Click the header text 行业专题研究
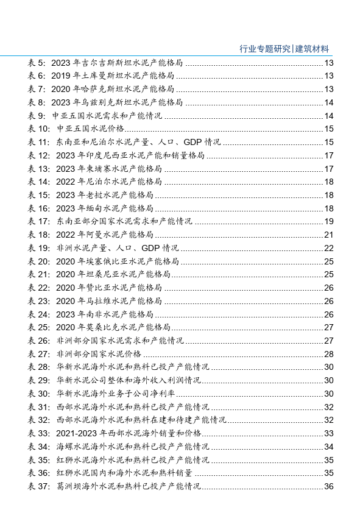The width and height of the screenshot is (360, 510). click(x=266, y=49)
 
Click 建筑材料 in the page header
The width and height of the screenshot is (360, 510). click(x=312, y=49)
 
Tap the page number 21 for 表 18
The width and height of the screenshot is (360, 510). click(x=329, y=235)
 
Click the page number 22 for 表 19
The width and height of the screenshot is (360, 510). click(x=329, y=248)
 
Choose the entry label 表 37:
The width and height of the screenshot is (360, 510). click(x=39, y=486)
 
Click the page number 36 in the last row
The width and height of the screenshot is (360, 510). click(x=329, y=486)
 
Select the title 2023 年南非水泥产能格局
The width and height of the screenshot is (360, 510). click(x=104, y=314)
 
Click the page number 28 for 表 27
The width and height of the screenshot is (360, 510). click(x=329, y=353)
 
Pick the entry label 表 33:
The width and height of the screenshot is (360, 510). click(x=39, y=433)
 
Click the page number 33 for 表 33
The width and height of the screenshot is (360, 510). click(x=329, y=433)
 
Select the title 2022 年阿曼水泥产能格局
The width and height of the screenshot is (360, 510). click(x=104, y=235)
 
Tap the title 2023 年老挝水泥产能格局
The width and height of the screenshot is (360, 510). click(x=104, y=195)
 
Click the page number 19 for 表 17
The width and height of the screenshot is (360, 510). click(x=329, y=221)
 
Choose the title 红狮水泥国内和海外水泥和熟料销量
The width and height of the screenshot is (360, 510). click(x=124, y=472)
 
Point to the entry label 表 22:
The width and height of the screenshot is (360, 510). click(x=39, y=288)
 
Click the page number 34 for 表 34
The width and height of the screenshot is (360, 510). click(x=329, y=446)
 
